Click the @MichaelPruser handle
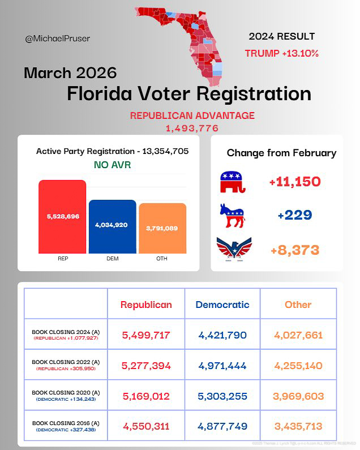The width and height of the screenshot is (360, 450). tap(58, 39)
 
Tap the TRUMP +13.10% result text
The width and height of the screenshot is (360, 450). tap(281, 54)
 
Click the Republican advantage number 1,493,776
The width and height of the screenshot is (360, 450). tap(192, 128)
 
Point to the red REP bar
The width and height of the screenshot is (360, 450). tap(62, 217)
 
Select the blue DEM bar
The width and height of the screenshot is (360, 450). tap(112, 226)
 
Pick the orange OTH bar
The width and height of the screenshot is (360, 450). tap(162, 228)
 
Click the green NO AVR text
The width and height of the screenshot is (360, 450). tap(112, 165)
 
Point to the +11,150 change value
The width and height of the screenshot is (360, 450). tap(294, 182)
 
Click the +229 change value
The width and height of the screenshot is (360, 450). tap(294, 216)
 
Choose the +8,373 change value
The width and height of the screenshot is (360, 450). tap(294, 250)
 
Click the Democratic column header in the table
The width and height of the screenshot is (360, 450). tap(222, 305)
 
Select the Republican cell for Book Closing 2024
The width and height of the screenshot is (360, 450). tap(146, 335)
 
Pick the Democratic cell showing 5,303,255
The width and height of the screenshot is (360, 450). tap(222, 396)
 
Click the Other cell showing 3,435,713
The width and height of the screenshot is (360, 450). tap(298, 426)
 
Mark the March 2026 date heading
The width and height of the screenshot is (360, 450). tap(70, 73)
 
